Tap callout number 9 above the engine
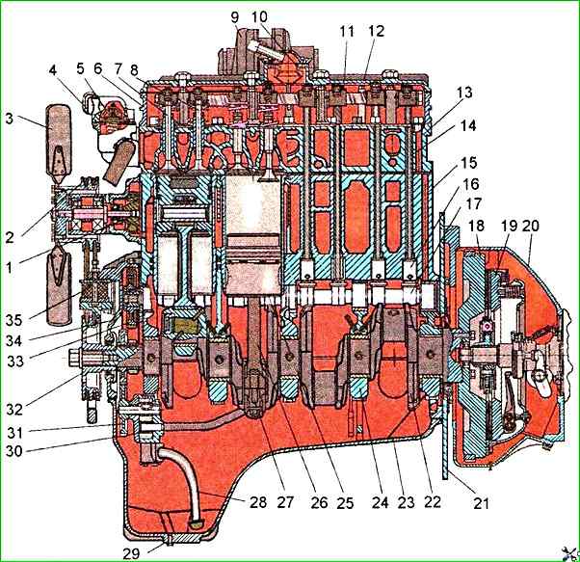pos(236,16)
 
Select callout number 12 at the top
pos(376,31)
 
